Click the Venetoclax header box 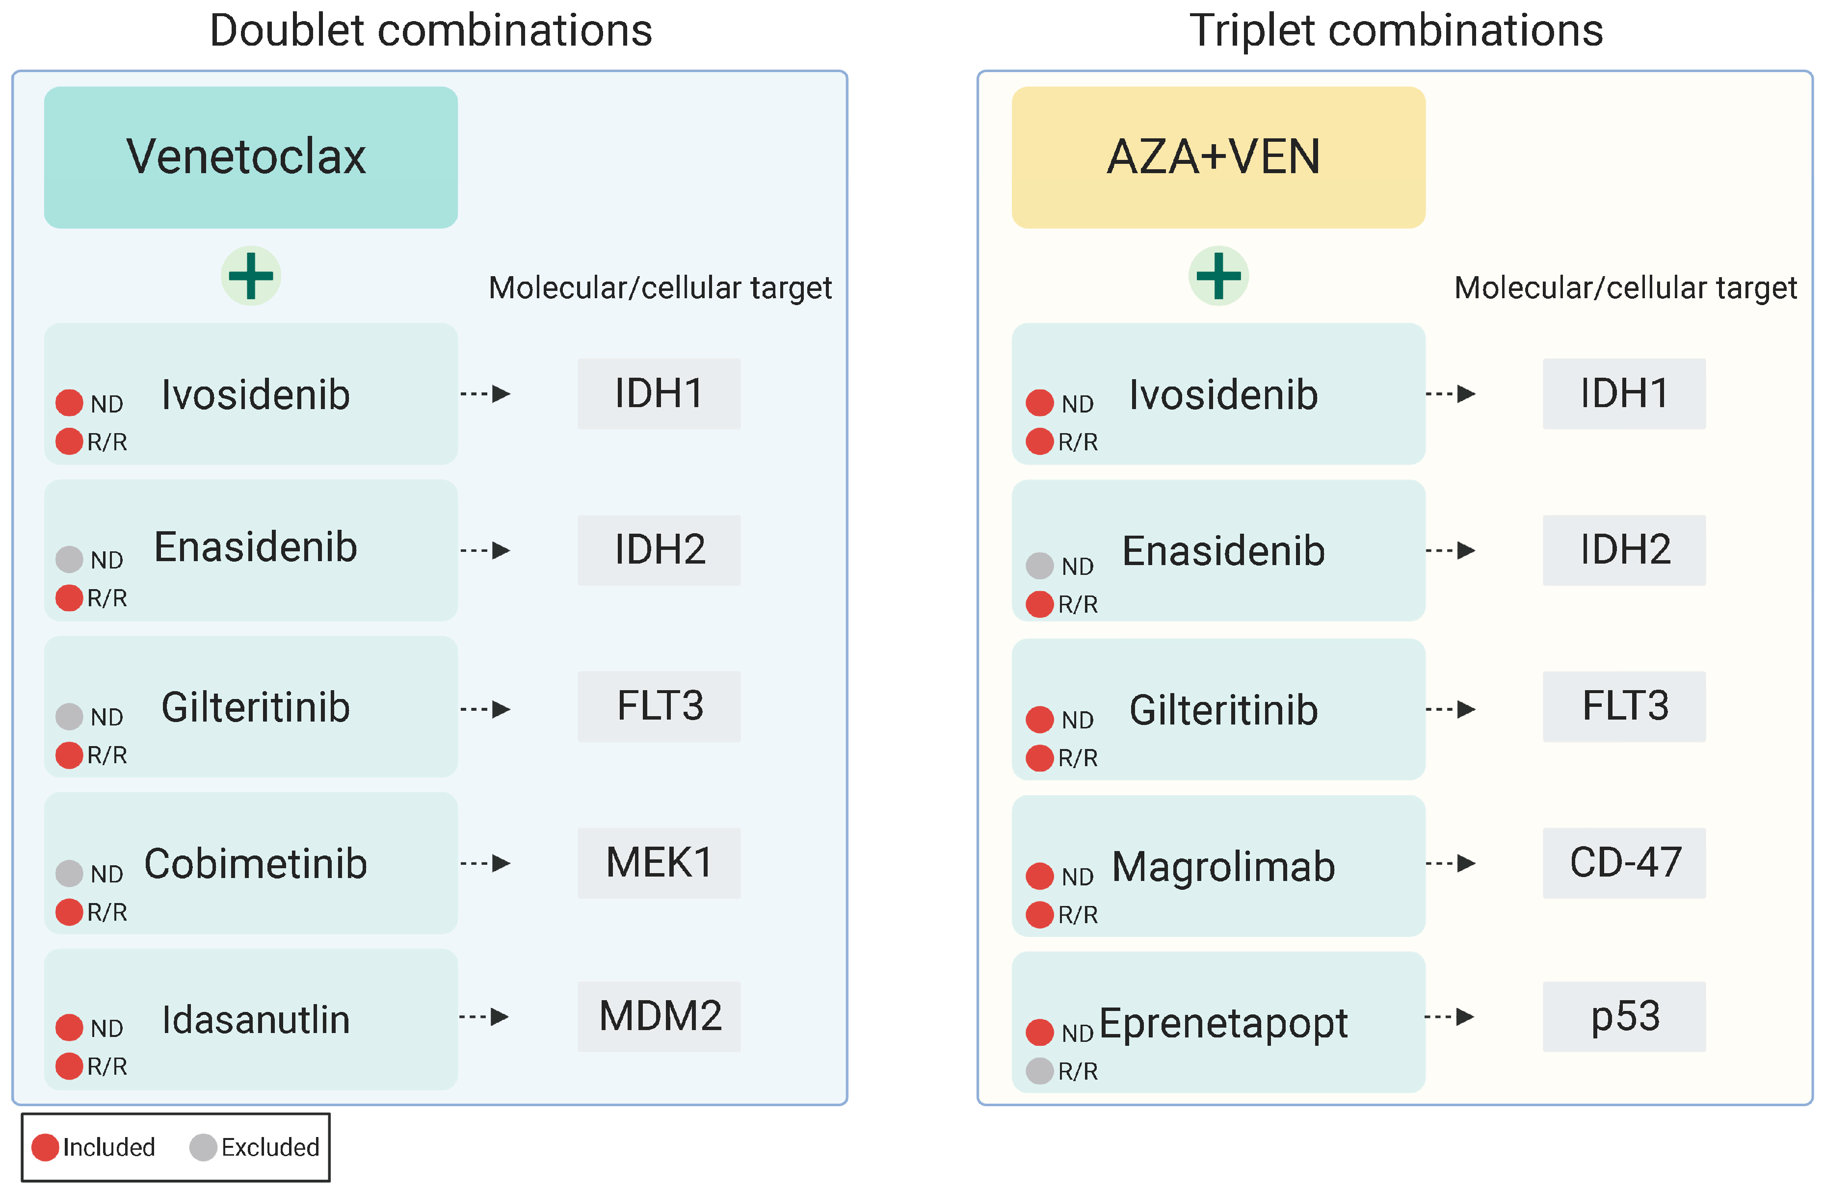[251, 157]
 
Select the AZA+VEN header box [1218, 157]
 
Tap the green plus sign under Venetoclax [251, 276]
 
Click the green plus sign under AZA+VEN [1218, 276]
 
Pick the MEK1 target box [659, 863]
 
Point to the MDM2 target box [659, 1016]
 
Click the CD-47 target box [1623, 863]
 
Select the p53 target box [1623, 1016]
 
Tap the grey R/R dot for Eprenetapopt [1039, 1070]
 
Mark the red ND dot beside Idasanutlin [69, 1028]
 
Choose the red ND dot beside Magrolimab [1039, 876]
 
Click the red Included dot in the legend [45, 1147]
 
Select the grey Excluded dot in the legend [203, 1147]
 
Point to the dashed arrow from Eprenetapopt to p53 [1450, 1017]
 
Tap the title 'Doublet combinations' [431, 30]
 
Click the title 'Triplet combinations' [1396, 30]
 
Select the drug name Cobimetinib [256, 864]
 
